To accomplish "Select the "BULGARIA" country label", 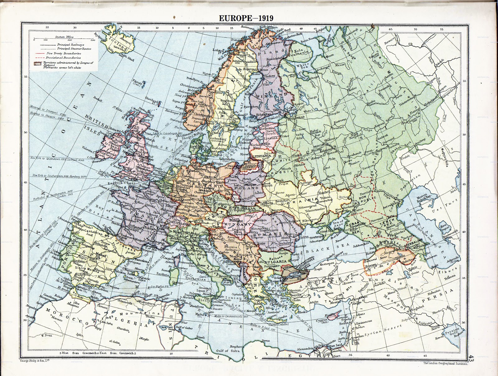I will [x=275, y=262].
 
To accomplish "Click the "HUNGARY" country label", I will [x=237, y=224].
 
